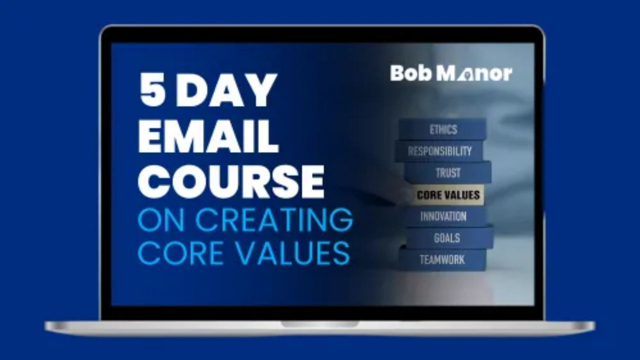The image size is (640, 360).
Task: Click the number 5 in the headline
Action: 153,89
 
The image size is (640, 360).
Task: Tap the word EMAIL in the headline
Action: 208,136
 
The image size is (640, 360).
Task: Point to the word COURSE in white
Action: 231,181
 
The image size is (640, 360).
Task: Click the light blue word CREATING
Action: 274,219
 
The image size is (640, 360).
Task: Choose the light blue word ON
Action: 161,219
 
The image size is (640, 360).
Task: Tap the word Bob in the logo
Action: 411,73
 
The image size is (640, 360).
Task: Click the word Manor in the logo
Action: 474,73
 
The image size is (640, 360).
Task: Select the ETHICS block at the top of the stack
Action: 442,129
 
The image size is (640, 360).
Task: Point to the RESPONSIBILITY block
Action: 439,151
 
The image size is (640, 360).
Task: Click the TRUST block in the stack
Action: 448,173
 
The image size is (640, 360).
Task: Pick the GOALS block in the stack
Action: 449,237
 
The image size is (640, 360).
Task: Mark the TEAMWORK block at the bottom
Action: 442,259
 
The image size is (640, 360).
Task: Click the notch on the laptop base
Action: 319,324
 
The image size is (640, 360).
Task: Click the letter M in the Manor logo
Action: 446,73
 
